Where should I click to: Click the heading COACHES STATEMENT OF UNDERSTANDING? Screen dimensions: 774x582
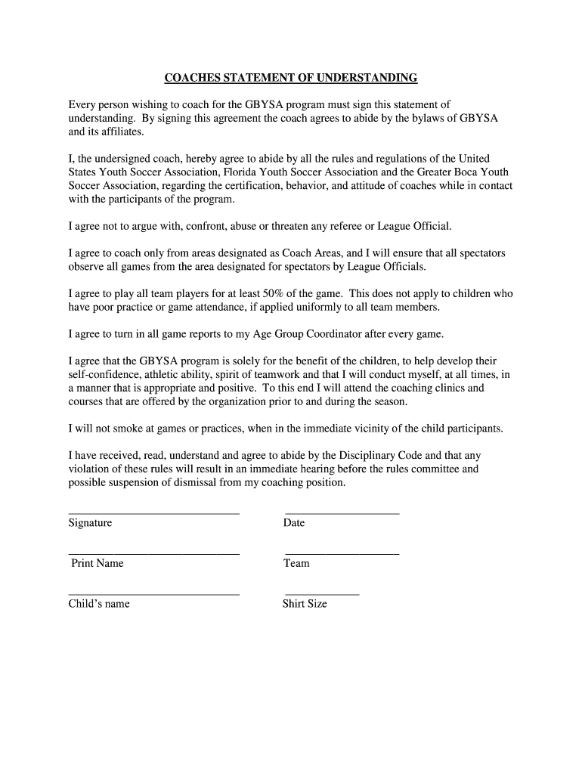click(291, 78)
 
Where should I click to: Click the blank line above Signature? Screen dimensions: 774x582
click(153, 513)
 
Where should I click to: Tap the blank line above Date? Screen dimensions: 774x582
click(342, 513)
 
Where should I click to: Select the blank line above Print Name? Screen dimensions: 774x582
click(153, 554)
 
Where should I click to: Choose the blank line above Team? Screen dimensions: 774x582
click(342, 554)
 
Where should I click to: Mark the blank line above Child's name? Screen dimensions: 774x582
click(153, 594)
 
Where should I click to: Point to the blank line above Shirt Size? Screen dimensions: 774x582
click(322, 594)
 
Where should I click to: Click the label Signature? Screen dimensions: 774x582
click(90, 523)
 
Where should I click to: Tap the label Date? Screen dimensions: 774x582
click(294, 523)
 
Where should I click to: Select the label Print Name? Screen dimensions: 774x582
click(97, 563)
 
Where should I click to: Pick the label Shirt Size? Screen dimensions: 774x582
click(305, 604)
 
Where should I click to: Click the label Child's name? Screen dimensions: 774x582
click(99, 604)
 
